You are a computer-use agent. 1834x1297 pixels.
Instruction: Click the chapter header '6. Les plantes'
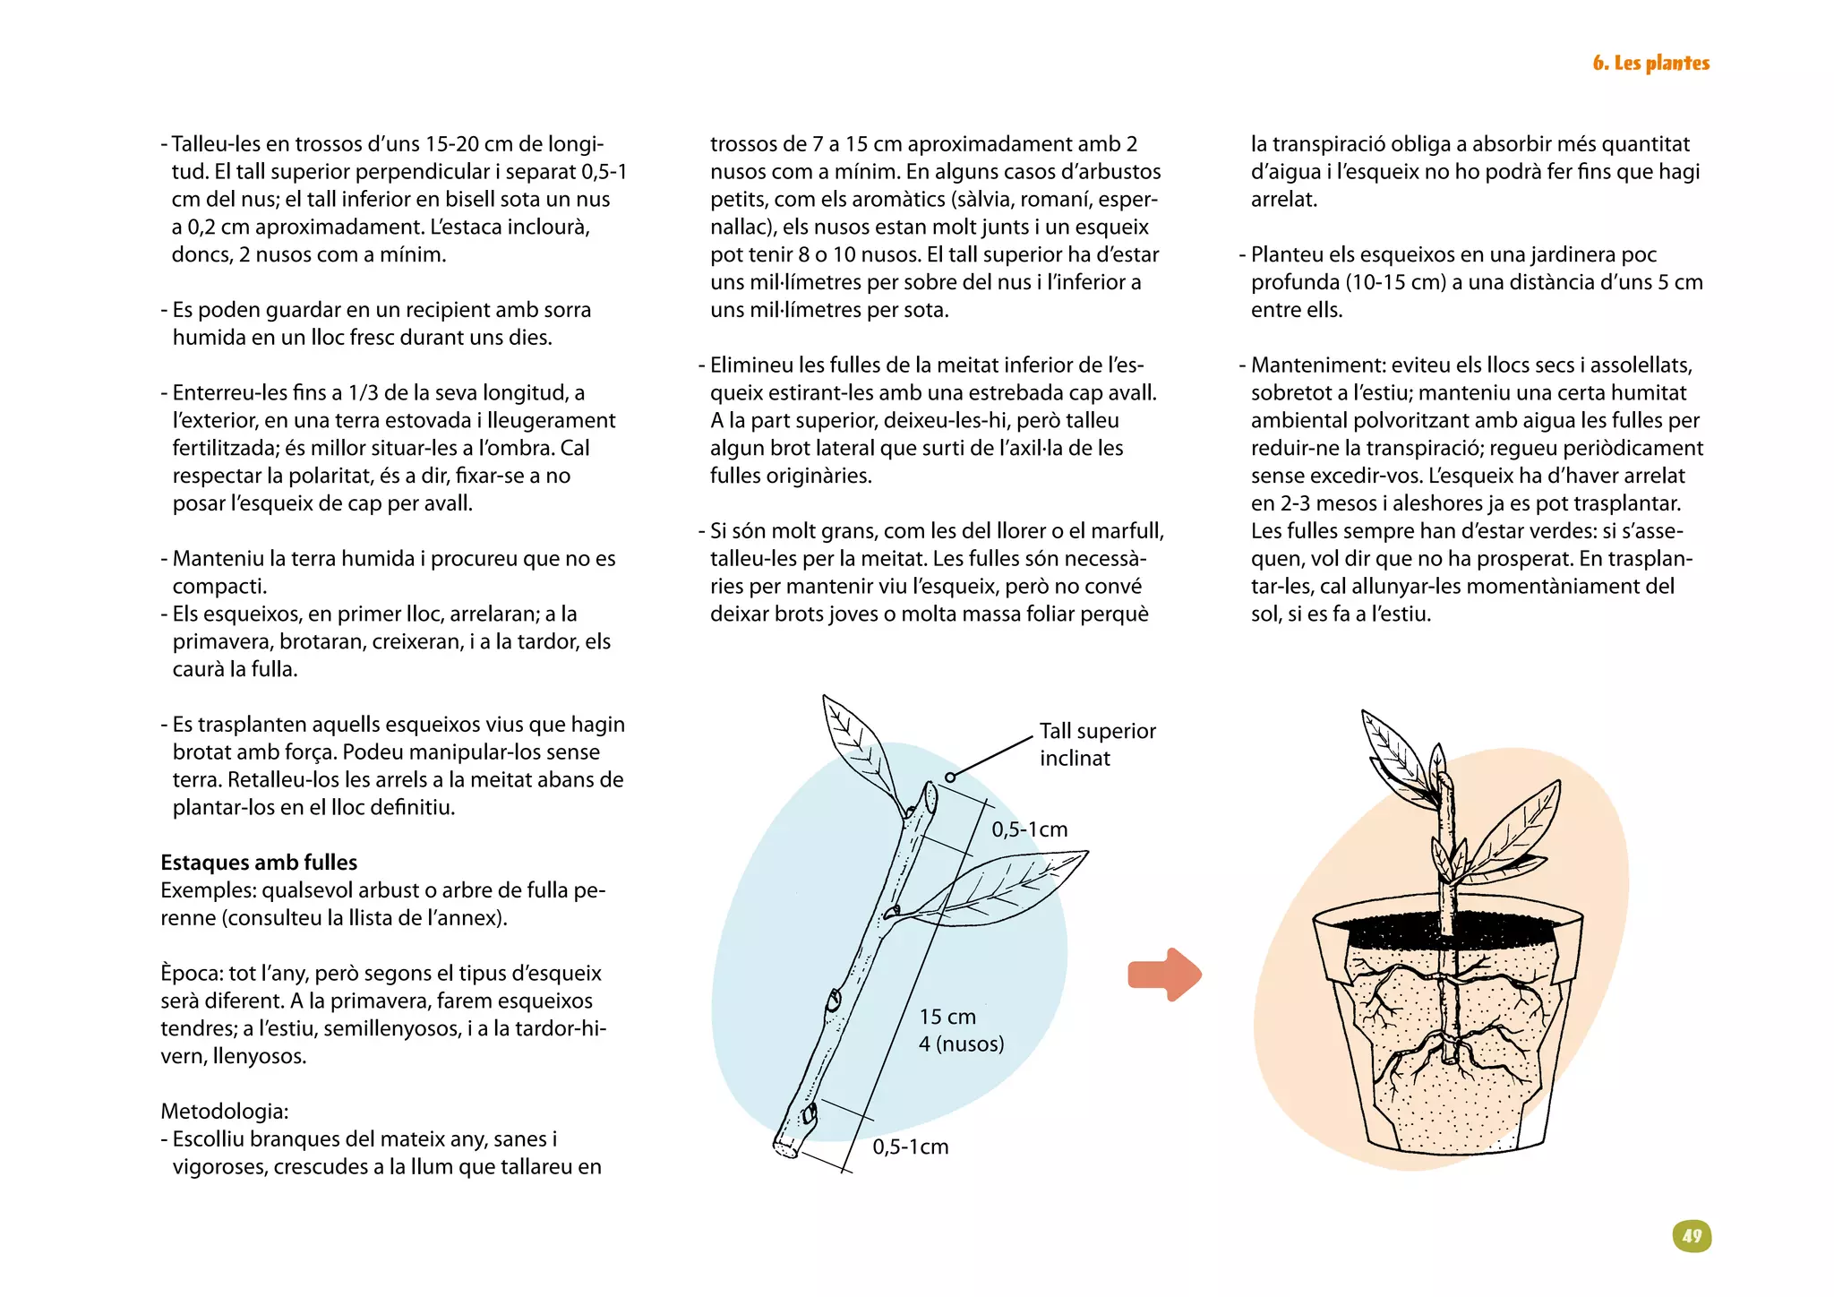coord(1650,63)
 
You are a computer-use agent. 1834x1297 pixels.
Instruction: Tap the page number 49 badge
coord(1692,1236)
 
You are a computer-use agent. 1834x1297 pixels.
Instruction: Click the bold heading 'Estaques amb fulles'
coord(259,862)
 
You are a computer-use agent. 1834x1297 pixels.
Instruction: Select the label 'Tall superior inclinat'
coord(1097,744)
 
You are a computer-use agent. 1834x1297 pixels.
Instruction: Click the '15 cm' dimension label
coord(947,1017)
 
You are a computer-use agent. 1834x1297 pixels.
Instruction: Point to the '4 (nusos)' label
coord(961,1044)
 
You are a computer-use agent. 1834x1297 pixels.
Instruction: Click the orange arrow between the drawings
coord(1164,974)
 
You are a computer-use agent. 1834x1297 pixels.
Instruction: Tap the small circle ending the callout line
coord(950,777)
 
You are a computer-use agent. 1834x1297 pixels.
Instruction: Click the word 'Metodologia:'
coord(225,1111)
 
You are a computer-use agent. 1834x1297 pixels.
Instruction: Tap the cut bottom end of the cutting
coord(786,1147)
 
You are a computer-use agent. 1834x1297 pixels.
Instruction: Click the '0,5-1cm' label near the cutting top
coord(1029,829)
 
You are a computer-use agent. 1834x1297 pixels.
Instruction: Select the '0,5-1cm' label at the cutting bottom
coord(910,1147)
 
